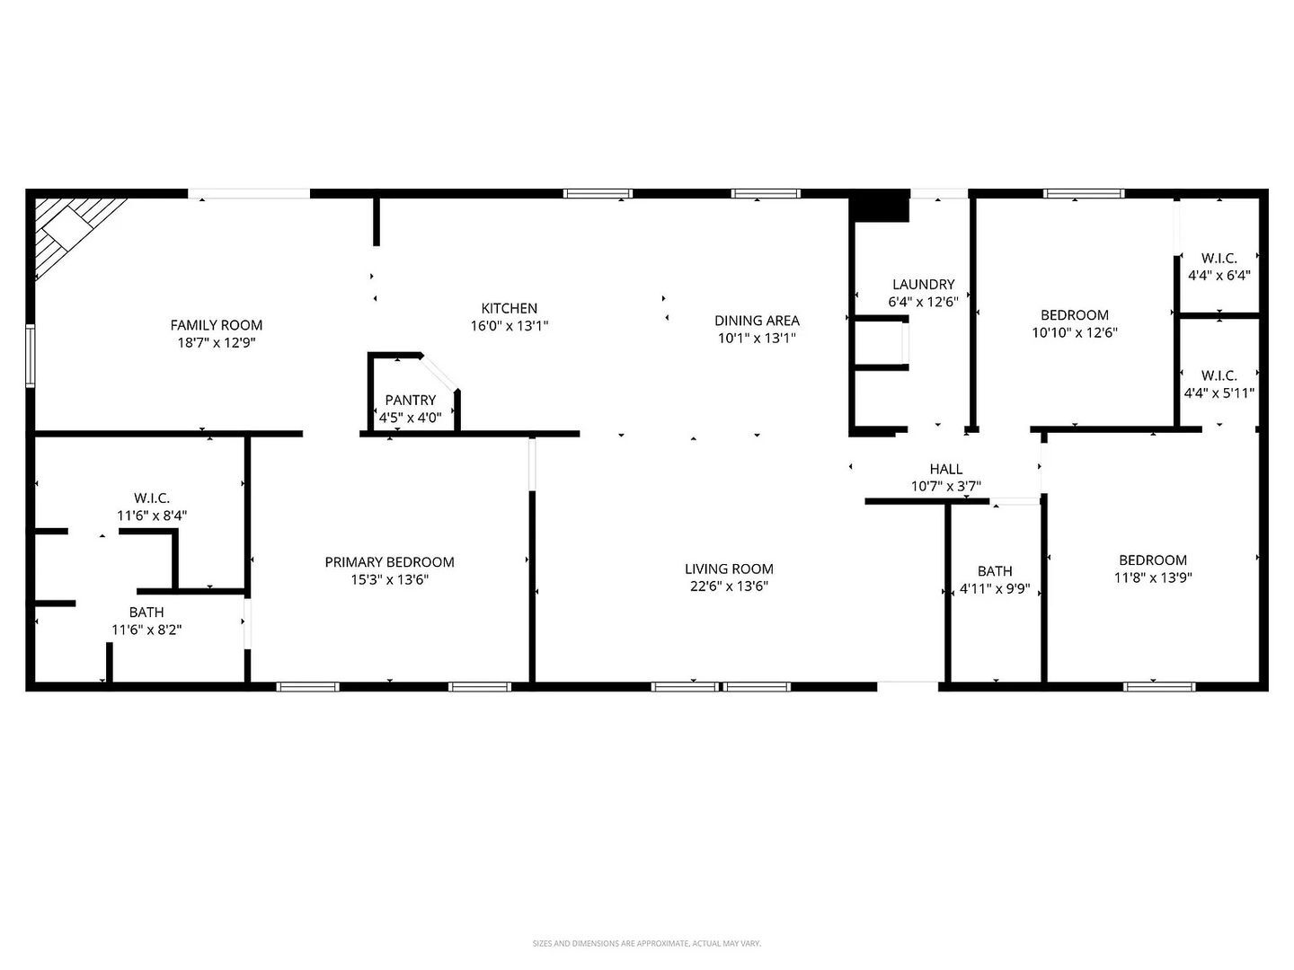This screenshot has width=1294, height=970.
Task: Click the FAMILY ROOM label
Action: pos(217,325)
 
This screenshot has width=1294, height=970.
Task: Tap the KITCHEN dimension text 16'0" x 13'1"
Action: pos(510,326)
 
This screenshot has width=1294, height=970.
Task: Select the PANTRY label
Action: pos(411,400)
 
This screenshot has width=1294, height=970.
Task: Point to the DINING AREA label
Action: pos(757,320)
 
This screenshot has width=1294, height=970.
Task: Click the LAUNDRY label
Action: pos(923,285)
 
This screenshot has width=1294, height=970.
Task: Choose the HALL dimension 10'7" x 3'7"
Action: pos(945,487)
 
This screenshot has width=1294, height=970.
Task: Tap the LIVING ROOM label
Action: pos(729,569)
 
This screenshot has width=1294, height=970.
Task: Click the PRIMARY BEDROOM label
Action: pos(389,562)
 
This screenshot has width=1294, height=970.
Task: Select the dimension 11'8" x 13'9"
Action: pos(1153,578)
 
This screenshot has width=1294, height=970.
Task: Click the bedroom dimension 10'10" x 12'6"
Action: pos(1075,332)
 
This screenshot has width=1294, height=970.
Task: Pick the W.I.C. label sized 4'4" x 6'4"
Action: pos(1219,259)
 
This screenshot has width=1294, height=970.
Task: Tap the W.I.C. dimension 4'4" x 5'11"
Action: pos(1219,392)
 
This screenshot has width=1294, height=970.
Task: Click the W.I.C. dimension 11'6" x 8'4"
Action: pos(152,516)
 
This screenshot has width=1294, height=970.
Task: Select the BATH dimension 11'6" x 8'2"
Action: pos(146,630)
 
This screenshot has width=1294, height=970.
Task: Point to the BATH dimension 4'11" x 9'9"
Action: pos(995,590)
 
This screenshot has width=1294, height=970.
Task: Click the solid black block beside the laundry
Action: pos(880,206)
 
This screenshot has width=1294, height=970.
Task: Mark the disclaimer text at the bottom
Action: pos(646,943)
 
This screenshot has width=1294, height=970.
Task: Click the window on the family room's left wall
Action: pos(31,357)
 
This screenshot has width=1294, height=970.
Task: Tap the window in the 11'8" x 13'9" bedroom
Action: pos(1159,687)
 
